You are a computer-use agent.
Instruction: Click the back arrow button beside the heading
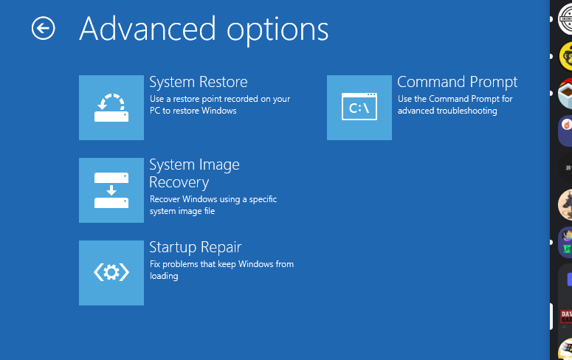[x=43, y=28]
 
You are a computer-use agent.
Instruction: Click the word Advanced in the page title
[x=148, y=29]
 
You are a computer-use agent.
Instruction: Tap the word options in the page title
[x=278, y=31]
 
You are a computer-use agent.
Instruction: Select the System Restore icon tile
[x=111, y=108]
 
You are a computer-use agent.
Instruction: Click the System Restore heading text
[x=199, y=82]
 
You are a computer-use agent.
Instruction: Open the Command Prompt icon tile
[x=359, y=108]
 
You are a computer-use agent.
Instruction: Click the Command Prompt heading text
[x=457, y=83]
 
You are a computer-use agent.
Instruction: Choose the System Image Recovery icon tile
[x=111, y=190]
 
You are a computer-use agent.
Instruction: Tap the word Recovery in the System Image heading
[x=179, y=182]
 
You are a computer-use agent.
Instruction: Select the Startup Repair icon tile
[x=111, y=273]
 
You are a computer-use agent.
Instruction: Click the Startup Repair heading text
[x=196, y=248]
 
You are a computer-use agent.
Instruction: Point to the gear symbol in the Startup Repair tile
[x=111, y=272]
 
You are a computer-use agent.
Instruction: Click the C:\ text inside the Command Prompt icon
[x=359, y=108]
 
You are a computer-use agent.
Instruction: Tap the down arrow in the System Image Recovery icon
[x=111, y=190]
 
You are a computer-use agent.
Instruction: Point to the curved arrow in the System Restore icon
[x=111, y=101]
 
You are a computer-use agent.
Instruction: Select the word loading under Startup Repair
[x=164, y=276]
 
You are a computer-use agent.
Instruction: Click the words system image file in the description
[x=182, y=211]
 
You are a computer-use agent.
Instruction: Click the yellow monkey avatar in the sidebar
[x=566, y=56]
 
